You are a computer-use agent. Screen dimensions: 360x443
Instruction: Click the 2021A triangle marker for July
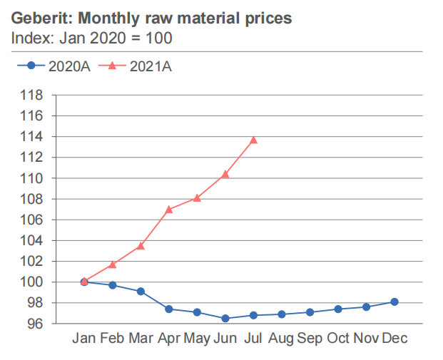pos(253,140)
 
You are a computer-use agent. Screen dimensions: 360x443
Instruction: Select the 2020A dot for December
pos(394,302)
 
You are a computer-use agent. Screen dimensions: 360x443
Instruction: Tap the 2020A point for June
pos(225,318)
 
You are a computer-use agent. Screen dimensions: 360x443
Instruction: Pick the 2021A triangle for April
pos(169,209)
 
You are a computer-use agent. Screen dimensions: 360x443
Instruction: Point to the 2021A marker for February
pos(113,264)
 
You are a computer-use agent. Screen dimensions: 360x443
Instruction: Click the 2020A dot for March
pos(141,291)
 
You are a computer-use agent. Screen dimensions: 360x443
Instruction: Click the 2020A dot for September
pos(310,312)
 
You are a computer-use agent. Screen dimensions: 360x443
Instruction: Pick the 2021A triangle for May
pos(197,197)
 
